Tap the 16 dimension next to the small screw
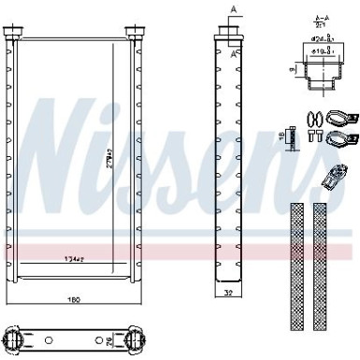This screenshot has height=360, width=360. click(281, 138)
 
